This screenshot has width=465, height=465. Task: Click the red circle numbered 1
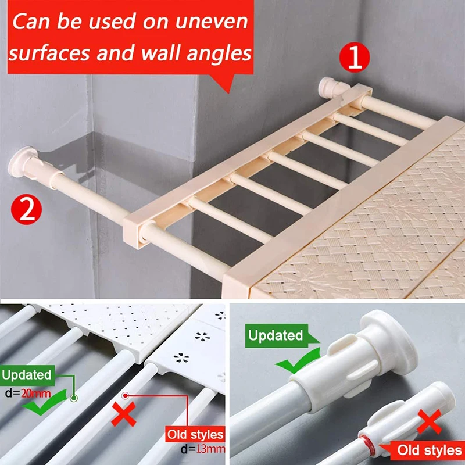tap(355, 58)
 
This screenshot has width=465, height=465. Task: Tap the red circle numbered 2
tap(26, 209)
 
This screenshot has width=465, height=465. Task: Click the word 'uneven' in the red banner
tap(212, 22)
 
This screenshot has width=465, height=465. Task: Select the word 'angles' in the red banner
tap(219, 53)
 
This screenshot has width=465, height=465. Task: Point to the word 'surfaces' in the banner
tap(49, 53)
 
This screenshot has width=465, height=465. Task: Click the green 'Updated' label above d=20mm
tap(27, 375)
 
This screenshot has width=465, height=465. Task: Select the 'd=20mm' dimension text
tap(28, 394)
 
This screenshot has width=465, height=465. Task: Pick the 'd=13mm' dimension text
tap(203, 449)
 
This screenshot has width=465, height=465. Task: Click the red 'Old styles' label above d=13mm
tap(195, 434)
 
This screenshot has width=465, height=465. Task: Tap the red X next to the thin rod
tap(123, 414)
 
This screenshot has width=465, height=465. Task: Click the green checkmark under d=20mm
tap(45, 404)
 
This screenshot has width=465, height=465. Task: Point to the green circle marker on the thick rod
tap(74, 398)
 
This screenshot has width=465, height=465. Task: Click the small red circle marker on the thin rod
tap(126, 395)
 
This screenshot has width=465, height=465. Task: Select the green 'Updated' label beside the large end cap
tap(276, 335)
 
